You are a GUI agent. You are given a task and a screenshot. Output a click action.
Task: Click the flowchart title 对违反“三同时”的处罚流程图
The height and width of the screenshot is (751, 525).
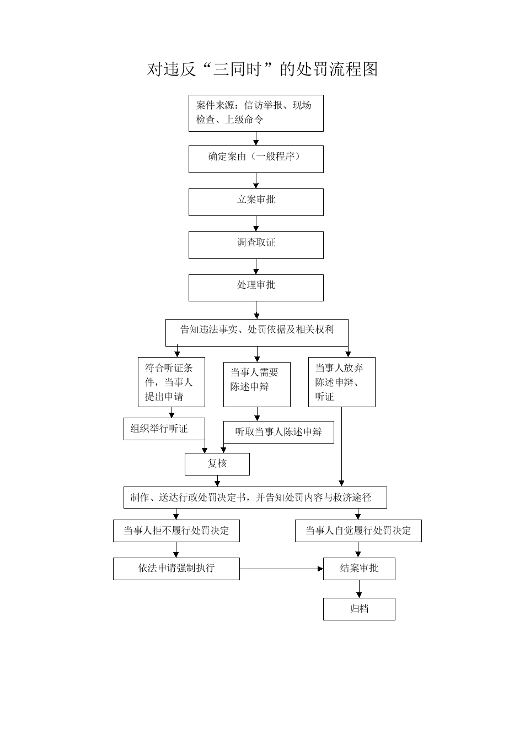(x=262, y=69)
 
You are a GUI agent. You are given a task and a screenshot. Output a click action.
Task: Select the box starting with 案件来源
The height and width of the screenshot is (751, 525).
(x=256, y=113)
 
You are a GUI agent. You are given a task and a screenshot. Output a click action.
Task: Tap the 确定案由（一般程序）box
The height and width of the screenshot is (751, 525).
(x=256, y=159)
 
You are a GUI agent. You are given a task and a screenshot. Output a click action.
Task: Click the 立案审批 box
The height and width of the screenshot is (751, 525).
(x=256, y=202)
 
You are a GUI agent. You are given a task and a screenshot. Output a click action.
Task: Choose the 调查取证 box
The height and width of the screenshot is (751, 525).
(x=256, y=245)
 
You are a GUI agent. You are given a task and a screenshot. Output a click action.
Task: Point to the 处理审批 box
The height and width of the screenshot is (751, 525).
(x=256, y=288)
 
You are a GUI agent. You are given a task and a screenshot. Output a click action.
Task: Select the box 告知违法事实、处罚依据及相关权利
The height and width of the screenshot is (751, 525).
(x=256, y=333)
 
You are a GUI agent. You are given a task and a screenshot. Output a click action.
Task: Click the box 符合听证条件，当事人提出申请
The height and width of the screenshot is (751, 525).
(x=172, y=382)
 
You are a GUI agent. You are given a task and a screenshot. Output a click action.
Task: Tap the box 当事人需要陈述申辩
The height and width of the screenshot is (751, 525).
(x=257, y=385)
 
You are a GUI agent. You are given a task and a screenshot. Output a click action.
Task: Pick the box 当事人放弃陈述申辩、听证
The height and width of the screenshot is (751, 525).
(x=342, y=382)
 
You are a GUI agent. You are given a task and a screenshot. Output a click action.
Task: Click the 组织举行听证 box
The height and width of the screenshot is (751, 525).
(x=164, y=429)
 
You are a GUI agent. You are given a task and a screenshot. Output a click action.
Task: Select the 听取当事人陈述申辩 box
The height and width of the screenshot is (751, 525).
(x=278, y=432)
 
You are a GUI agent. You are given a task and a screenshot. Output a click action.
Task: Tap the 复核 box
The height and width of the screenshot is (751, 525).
(x=217, y=464)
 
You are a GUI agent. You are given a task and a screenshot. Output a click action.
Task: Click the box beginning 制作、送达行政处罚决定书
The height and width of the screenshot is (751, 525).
(x=255, y=498)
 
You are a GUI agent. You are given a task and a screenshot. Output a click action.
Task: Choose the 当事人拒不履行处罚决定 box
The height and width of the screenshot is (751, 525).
(x=176, y=531)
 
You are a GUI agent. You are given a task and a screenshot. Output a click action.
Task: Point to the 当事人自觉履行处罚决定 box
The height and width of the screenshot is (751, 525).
(x=358, y=531)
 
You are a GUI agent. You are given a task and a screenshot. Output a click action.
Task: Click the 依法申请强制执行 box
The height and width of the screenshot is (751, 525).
(x=176, y=569)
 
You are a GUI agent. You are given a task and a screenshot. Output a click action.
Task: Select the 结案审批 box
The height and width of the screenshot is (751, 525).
(x=359, y=569)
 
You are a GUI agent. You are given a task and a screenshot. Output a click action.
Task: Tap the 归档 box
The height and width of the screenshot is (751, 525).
(x=359, y=609)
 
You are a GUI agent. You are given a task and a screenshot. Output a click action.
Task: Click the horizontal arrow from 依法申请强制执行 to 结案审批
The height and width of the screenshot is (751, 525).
(x=281, y=569)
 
